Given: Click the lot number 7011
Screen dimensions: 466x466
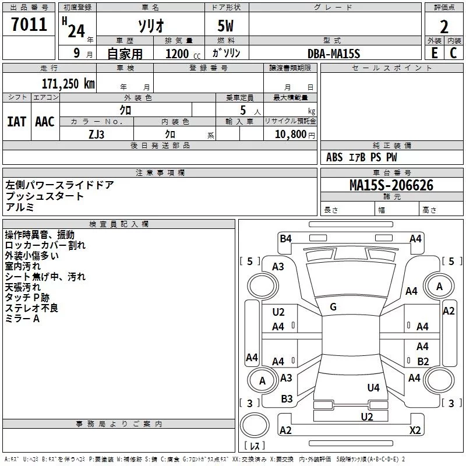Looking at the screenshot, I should point(29,25).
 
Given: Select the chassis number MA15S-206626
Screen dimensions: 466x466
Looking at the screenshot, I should point(391,185).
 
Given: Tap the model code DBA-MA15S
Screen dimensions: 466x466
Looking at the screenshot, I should point(334,54).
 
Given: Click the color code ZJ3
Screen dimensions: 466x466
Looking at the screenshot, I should point(97,134).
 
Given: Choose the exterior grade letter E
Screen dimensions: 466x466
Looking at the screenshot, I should point(434,53).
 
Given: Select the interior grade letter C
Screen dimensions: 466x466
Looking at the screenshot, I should point(453,53).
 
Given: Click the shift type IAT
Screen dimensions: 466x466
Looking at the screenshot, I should point(16,121).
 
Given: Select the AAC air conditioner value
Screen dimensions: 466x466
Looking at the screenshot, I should point(45,121).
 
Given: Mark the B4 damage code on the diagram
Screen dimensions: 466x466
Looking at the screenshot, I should point(285,238).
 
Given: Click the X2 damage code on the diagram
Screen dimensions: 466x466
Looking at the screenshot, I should point(415,430).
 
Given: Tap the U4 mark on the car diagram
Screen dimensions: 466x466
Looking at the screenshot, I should point(373,387).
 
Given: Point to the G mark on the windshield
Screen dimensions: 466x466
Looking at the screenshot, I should point(333,307).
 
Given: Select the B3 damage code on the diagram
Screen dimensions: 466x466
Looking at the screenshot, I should point(287,399).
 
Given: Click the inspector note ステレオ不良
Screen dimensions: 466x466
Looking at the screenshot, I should point(31,308).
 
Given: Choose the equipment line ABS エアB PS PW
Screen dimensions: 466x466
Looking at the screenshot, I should point(362,157).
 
